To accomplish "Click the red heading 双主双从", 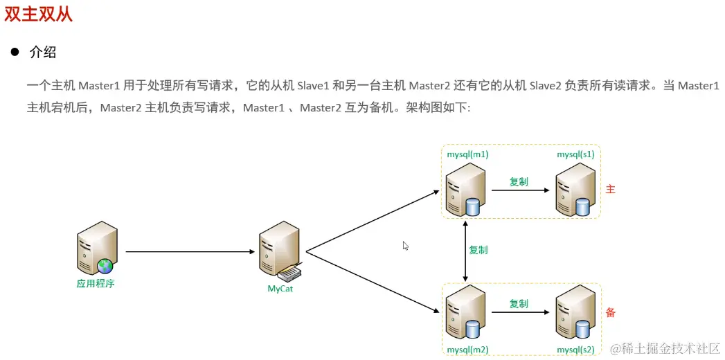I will coord(39,14).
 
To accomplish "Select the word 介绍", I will coord(42,52).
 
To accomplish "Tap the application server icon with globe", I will coord(97,248).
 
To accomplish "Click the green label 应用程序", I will coord(96,283).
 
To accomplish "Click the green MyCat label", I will coord(280,289).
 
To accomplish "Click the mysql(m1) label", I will coord(468,154).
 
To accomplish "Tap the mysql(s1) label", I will coord(575,154).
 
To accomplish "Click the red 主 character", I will coord(610,189).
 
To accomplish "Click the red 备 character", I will coord(610,312).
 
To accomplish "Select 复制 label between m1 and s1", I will coord(519,181).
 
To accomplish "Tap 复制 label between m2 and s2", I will coord(519,303).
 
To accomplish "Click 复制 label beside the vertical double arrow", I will coord(478,250).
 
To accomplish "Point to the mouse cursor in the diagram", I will coord(406,246).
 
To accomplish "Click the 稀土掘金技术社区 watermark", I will coord(665,348).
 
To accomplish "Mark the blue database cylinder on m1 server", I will coord(473,207).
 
